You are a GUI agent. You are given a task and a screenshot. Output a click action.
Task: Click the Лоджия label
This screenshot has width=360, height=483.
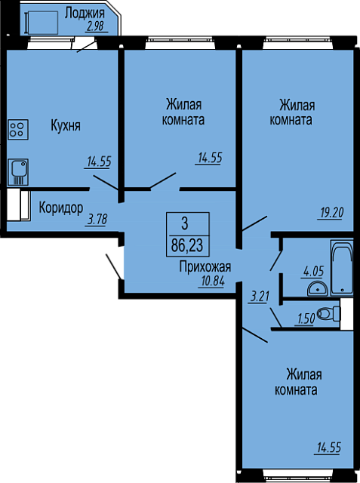(85, 14)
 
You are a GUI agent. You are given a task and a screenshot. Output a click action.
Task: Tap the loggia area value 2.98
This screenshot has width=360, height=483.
(94, 26)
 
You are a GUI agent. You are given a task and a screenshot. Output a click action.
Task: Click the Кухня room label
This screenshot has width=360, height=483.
(66, 126)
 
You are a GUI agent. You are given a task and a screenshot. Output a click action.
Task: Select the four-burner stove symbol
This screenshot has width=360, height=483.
(18, 130)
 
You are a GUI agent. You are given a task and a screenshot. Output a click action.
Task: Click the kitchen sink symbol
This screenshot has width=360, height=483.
(18, 172)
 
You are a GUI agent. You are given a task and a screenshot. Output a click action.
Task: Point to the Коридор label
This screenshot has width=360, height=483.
(61, 208)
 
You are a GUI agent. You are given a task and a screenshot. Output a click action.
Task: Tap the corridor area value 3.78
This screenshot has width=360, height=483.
(97, 220)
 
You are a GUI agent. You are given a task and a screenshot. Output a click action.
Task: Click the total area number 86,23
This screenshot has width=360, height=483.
(187, 246)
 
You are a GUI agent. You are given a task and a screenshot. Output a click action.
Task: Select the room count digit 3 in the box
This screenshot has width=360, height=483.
(184, 224)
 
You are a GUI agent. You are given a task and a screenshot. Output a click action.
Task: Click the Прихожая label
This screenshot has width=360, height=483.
(205, 267)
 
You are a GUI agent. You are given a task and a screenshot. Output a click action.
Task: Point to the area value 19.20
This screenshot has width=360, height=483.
(330, 213)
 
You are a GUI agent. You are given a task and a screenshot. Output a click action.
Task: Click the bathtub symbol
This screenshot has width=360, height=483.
(342, 269)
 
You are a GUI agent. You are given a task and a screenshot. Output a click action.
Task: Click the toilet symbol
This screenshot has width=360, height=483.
(328, 314)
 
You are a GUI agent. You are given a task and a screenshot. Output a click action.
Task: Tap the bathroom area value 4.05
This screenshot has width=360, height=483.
(313, 272)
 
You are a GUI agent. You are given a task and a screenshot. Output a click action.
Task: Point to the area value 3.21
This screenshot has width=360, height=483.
(260, 297)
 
